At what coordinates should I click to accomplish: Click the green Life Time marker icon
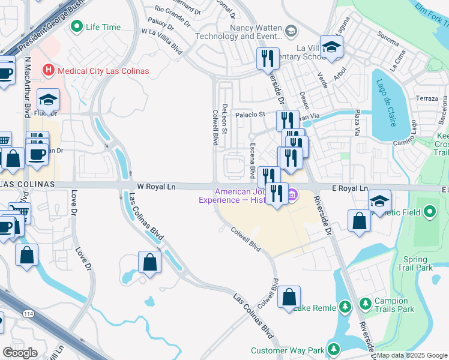[77, 27]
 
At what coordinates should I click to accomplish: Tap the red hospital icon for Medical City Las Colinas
[49, 71]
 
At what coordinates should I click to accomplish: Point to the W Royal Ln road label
[156, 187]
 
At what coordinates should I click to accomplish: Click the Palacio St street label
[250, 114]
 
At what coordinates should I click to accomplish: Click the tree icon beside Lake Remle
[345, 308]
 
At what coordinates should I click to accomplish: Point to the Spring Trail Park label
[418, 263]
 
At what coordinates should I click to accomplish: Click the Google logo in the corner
[20, 352]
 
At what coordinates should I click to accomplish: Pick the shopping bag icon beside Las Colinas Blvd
[149, 262]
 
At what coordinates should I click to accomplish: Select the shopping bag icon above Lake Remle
[289, 296]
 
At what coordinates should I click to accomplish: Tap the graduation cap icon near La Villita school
[330, 47]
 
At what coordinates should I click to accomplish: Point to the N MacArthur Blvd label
[28, 87]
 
